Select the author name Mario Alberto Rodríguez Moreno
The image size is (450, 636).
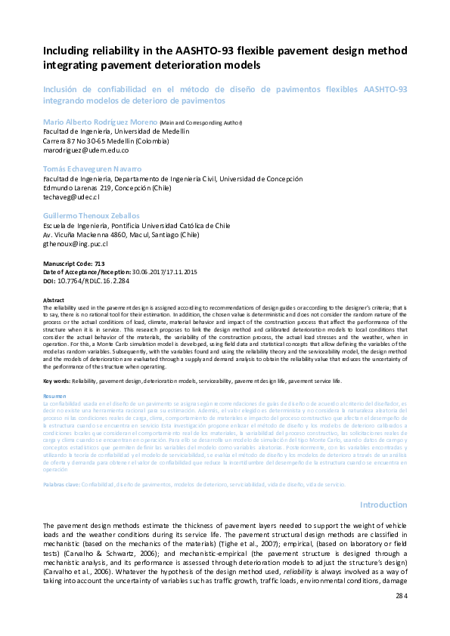(100, 122)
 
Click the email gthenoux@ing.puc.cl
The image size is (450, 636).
(75, 244)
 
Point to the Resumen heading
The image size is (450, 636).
(54, 395)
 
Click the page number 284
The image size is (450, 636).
(402, 617)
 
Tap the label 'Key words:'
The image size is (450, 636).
(57, 381)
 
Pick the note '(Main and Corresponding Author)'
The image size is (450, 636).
(200, 122)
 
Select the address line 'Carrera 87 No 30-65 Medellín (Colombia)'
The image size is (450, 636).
(105, 140)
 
